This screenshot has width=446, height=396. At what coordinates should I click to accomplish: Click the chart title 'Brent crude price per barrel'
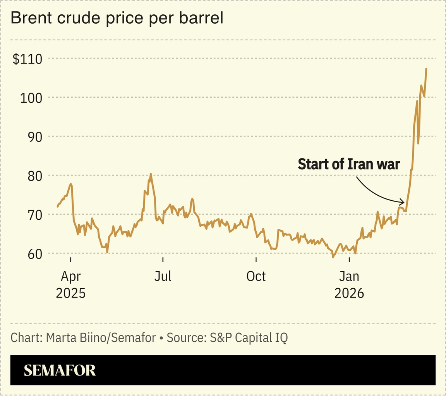pos(117,18)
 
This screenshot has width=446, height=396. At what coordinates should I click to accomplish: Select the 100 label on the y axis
pos(31,98)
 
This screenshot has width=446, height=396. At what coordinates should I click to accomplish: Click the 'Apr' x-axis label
pos(70,276)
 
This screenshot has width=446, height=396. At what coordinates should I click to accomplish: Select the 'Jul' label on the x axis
pos(163,276)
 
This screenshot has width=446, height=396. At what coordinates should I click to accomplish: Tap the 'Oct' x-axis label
pos(256,276)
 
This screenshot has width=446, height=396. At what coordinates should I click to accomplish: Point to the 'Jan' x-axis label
pos(349,276)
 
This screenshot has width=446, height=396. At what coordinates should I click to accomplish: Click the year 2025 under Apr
pos(70,293)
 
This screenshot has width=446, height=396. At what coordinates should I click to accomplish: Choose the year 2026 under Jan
pos(349,293)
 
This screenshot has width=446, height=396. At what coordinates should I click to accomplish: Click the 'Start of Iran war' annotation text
pos(348,164)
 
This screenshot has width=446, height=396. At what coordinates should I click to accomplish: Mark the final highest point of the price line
pos(426,69)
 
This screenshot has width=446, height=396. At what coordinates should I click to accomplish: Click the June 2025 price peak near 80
pos(151,174)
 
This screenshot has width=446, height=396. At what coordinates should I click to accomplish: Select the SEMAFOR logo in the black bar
pos(60,370)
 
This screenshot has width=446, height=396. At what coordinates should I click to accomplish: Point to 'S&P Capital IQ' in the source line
pos(249,337)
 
